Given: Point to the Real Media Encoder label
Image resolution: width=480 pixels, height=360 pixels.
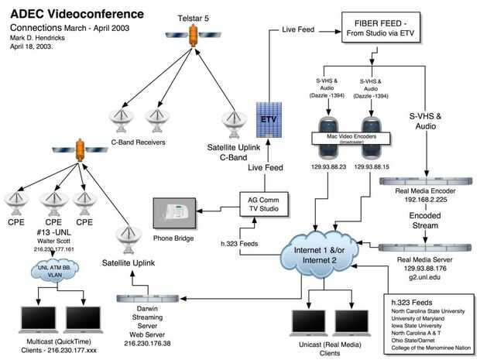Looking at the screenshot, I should (427, 190).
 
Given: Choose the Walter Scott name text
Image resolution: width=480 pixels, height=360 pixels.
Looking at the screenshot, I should (52, 242).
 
